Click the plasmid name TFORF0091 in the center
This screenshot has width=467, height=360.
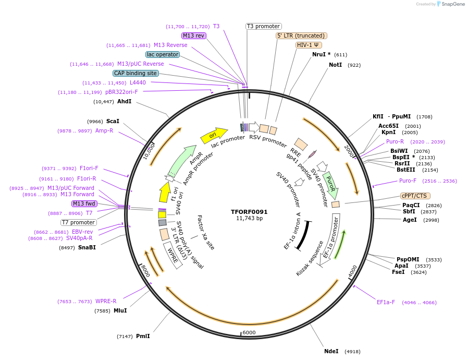(249, 212)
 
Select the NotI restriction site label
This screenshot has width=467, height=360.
(335, 65)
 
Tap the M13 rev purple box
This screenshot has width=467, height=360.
(194, 35)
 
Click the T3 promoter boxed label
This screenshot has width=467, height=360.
(263, 26)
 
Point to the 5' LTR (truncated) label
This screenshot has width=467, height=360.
(301, 35)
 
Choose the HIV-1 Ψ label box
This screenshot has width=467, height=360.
(309, 45)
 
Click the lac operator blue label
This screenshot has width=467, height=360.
(163, 54)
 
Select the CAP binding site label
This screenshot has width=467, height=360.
(136, 74)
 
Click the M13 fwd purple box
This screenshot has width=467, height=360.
(84, 203)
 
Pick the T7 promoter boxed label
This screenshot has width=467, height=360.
(78, 222)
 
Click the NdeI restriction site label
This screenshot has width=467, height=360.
(331, 351)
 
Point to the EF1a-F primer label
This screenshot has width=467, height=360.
(386, 302)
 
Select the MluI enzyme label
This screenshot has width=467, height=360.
(120, 310)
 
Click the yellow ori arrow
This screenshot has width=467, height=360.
(214, 135)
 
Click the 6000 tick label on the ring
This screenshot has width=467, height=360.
(249, 332)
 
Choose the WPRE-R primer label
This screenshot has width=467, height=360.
(106, 301)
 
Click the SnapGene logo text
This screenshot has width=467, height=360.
(451, 4)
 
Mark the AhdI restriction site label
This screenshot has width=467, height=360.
(124, 101)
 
